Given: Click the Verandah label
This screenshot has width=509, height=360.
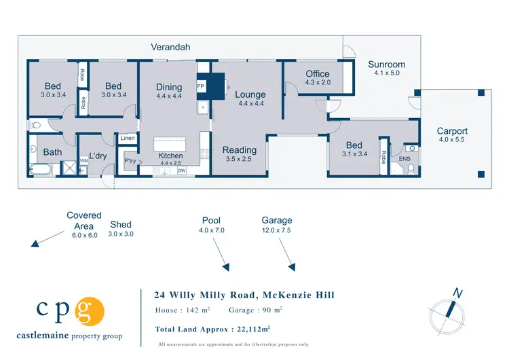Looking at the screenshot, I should tap(170, 47).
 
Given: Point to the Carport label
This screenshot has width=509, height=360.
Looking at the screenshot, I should tap(452, 131).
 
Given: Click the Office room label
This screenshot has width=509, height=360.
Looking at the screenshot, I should tap(318, 74).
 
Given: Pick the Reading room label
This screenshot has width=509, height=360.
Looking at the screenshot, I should tap(240, 150).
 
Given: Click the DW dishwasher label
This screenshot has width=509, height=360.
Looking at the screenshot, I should tap(182, 171).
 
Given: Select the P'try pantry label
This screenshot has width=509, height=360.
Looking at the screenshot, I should tap(129, 161).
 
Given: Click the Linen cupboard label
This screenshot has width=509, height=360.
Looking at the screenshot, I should tap(127, 139).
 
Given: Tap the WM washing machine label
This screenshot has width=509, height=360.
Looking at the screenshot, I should tap(83, 160).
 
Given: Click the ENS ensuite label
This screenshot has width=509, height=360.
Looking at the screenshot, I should tap(404, 159).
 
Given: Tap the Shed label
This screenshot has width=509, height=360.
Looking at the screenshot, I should tap(120, 225).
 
